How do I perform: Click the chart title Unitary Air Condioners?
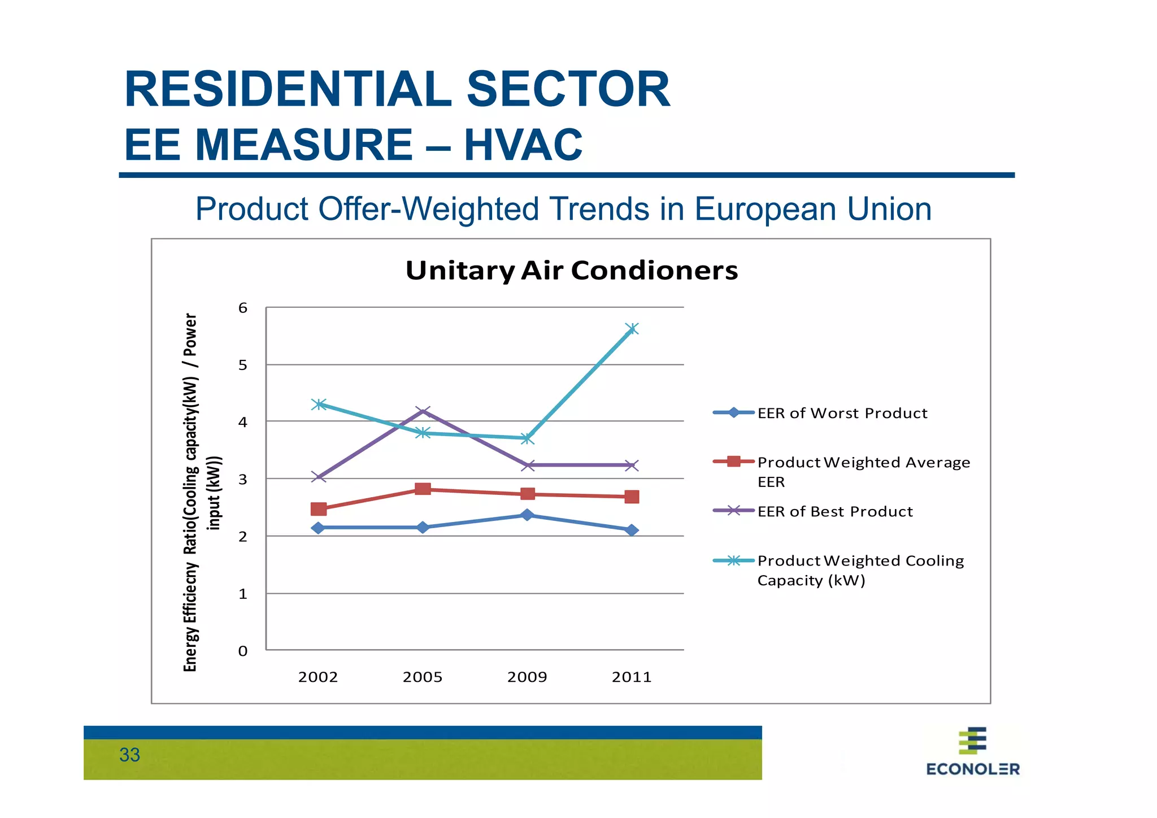pyautogui.click(x=571, y=270)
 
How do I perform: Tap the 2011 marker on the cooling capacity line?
pyautogui.click(x=632, y=329)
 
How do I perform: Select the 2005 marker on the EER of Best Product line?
pyautogui.click(x=423, y=411)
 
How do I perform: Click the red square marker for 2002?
pyautogui.click(x=319, y=509)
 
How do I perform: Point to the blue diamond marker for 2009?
pyautogui.click(x=527, y=515)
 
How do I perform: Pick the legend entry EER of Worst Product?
pyautogui.click(x=842, y=413)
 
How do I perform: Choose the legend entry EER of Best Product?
pyautogui.click(x=834, y=511)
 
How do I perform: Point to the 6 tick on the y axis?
pyautogui.click(x=243, y=308)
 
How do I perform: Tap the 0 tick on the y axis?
pyautogui.click(x=243, y=651)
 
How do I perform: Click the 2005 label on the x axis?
pyautogui.click(x=423, y=677)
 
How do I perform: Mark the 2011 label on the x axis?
pyautogui.click(x=632, y=677)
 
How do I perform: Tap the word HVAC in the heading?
pyautogui.click(x=523, y=145)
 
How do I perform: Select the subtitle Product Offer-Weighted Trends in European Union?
pyautogui.click(x=563, y=209)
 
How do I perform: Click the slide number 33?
pyautogui.click(x=129, y=755)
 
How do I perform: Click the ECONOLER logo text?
pyautogui.click(x=972, y=769)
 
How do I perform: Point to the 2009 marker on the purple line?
pyautogui.click(x=527, y=465)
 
